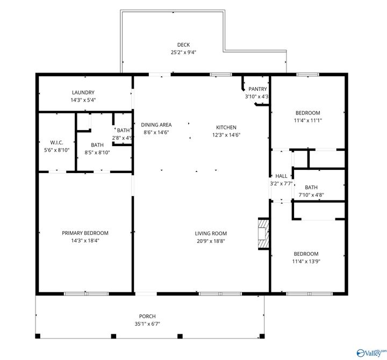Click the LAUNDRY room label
(x=83, y=92)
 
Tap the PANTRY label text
(x=257, y=89)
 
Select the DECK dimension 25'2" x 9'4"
(x=183, y=53)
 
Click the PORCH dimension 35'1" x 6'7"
(x=147, y=324)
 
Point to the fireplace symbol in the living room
(x=263, y=234)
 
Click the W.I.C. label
(x=57, y=142)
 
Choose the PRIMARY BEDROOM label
(x=85, y=233)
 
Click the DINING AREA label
(x=156, y=125)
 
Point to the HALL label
(x=281, y=176)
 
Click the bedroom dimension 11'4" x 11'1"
(x=307, y=120)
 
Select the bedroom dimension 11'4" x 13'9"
(x=305, y=261)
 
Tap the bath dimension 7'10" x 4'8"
(x=311, y=195)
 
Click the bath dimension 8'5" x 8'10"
(x=97, y=152)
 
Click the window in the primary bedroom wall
(x=79, y=294)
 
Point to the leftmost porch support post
(x=38, y=336)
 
